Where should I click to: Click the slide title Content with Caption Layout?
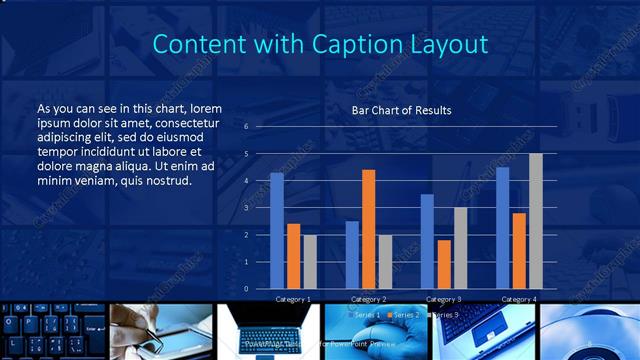[x=320, y=45]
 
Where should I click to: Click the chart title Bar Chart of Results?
[x=401, y=110]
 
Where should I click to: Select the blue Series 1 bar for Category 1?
[x=277, y=230]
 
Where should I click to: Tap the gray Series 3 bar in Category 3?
[x=460, y=247]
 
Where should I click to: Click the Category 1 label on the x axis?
[x=293, y=299]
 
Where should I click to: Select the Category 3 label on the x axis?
[x=444, y=299]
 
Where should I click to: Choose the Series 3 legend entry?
[x=446, y=315]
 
